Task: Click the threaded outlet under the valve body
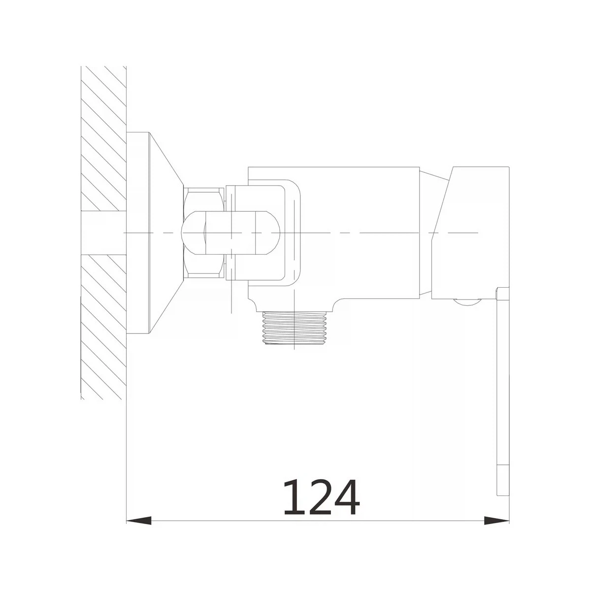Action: (x=295, y=327)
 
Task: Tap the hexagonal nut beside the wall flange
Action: (x=204, y=233)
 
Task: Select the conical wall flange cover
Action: (x=166, y=233)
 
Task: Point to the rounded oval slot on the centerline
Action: (x=230, y=233)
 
